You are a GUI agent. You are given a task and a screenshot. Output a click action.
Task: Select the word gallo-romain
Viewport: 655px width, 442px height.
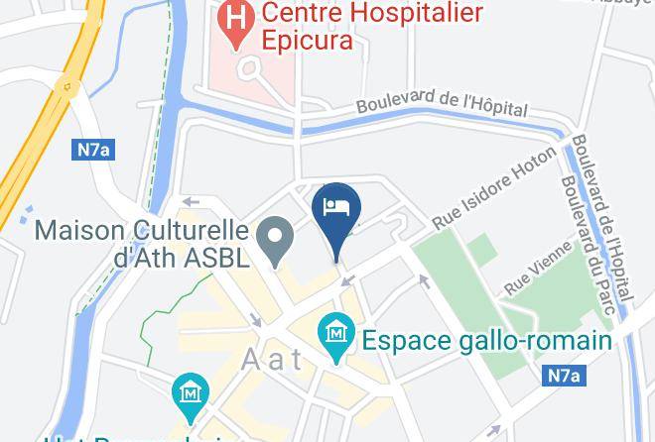(528, 340)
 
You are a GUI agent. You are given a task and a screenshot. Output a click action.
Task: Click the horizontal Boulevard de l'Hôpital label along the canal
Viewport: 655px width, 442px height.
(442, 104)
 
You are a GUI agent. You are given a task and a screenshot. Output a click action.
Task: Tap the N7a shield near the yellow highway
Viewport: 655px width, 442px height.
(94, 150)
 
